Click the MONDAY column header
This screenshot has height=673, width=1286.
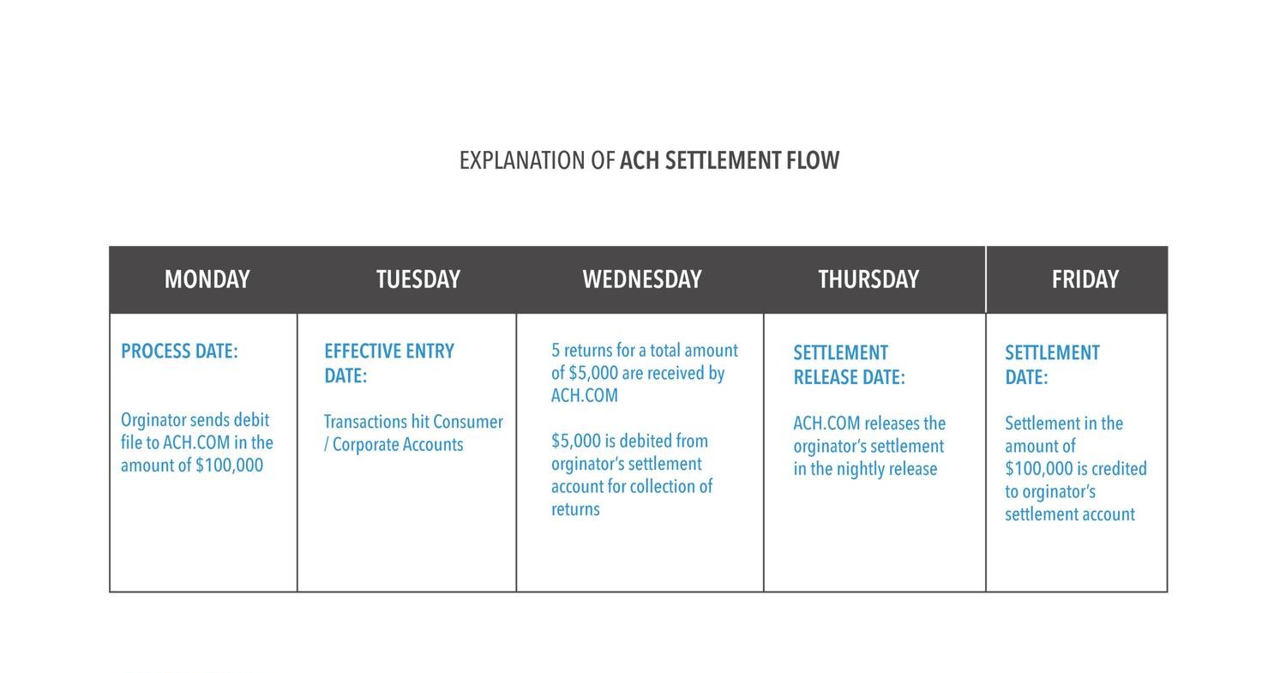pos(207,279)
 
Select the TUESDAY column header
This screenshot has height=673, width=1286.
pos(418,279)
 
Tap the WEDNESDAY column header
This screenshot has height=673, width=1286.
pos(641,279)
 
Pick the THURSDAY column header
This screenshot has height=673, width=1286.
pos(868,279)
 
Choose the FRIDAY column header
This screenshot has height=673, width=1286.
pos(1085,279)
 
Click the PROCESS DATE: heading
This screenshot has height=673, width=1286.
pos(179,352)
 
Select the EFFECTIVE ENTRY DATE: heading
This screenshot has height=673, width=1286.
pos(388,364)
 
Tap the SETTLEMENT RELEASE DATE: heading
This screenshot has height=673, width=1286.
pos(848,365)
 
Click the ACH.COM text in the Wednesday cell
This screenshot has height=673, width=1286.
pos(584,396)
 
